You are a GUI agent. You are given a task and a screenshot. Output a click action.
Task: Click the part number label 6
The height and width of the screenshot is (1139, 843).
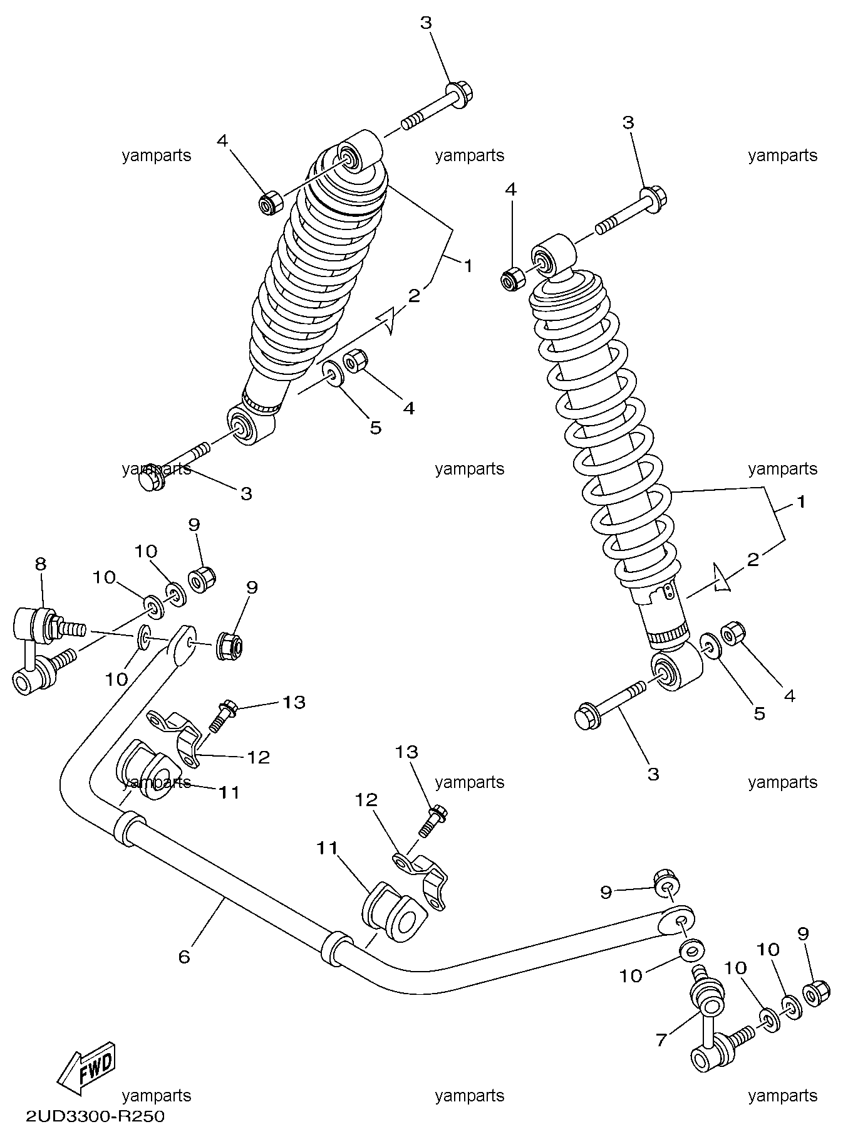tap(184, 957)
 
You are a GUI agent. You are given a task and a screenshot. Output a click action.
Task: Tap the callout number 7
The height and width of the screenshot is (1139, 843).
tap(661, 1039)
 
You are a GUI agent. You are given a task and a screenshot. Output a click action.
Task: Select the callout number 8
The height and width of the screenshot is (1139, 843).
tap(40, 564)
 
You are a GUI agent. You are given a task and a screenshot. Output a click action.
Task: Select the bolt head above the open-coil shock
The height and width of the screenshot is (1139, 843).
tap(654, 199)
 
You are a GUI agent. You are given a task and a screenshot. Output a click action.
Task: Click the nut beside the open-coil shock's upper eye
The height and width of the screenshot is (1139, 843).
tap(512, 278)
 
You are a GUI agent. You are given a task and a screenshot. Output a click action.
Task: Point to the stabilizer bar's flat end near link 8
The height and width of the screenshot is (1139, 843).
tap(182, 645)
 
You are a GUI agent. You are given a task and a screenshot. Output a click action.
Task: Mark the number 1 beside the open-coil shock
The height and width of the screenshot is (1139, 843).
tap(800, 501)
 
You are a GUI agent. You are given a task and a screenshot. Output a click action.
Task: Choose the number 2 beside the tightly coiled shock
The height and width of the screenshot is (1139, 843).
tap(414, 296)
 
